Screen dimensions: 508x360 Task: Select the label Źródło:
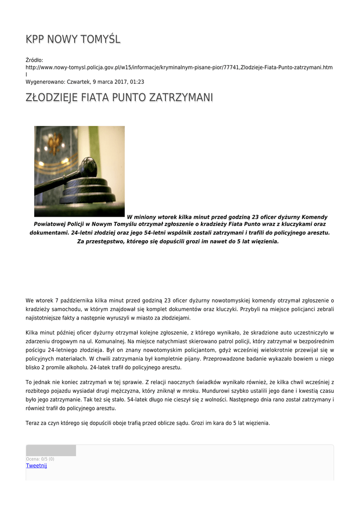(x=34, y=60)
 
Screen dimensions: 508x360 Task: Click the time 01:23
(x=137, y=81)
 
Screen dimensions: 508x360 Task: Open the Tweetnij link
(x=36, y=465)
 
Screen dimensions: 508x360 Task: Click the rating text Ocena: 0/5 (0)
(x=40, y=459)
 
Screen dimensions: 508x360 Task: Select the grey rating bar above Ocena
(x=51, y=450)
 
